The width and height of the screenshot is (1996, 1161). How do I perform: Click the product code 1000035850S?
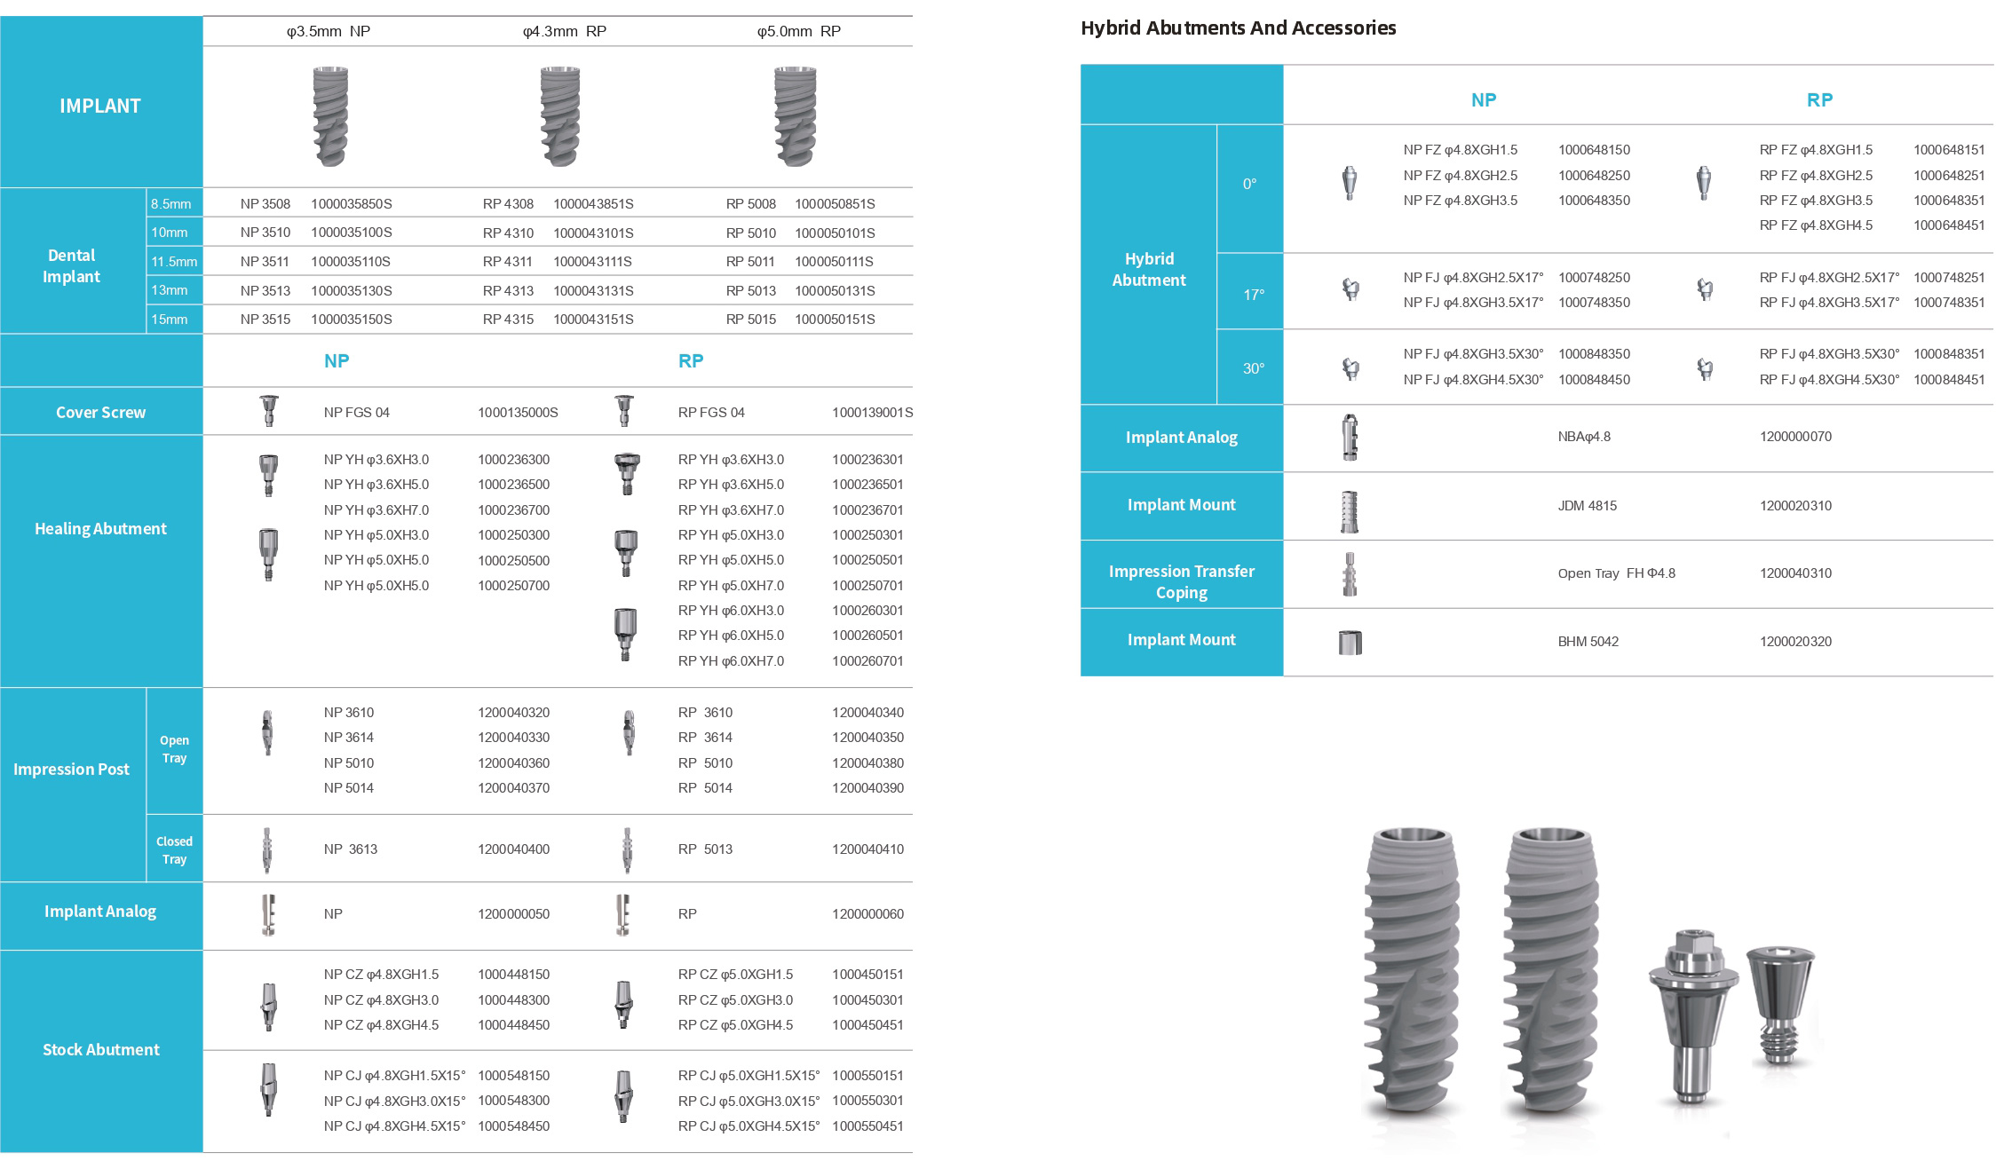tap(351, 204)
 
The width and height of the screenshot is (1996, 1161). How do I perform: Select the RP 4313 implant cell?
tap(508, 291)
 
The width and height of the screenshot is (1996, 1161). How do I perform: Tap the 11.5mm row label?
tap(174, 262)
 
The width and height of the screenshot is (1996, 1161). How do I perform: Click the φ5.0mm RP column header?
tap(798, 31)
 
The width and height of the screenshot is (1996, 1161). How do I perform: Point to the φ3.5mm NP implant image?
tap(329, 116)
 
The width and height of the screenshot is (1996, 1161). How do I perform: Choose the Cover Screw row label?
tap(100, 412)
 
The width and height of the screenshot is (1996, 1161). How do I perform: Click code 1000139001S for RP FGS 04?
tap(872, 413)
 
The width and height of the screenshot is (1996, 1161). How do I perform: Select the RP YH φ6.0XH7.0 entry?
tap(731, 661)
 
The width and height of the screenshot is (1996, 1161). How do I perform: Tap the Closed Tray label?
tap(174, 849)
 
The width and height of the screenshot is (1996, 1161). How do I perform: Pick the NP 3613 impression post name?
tap(350, 849)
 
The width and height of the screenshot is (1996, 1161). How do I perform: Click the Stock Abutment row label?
tap(100, 1049)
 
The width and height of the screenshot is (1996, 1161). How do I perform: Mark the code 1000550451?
tap(867, 1126)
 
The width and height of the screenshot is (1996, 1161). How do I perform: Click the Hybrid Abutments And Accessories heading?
tap(1238, 28)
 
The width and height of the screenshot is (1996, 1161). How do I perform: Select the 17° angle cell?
tap(1253, 294)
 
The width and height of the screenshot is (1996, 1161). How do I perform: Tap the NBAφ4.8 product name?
tap(1583, 437)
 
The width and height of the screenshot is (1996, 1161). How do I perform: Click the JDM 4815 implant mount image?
tap(1349, 510)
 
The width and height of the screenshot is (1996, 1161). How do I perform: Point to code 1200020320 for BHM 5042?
tap(1795, 642)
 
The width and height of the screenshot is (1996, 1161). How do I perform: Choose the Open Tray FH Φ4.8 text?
tap(1616, 573)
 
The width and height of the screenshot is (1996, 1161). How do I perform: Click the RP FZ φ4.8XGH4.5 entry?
tap(1816, 225)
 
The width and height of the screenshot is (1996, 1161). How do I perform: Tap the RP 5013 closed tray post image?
tap(628, 850)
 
